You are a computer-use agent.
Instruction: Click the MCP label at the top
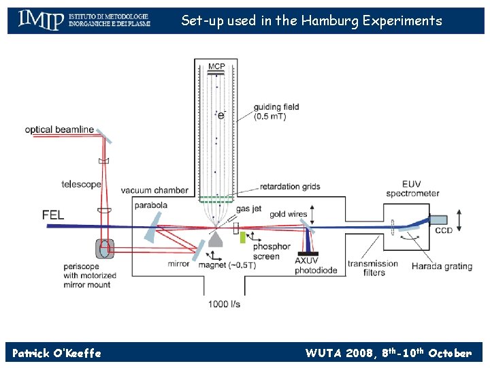point(216,66)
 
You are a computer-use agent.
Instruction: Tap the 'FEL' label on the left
point(53,215)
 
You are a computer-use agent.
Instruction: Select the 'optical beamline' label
point(59,129)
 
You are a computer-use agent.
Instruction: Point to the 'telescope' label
point(81,184)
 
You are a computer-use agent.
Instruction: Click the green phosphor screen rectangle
point(242,238)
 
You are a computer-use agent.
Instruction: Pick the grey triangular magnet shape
point(217,238)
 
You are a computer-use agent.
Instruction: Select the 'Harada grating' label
point(442,266)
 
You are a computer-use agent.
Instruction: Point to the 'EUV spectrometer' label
point(421,189)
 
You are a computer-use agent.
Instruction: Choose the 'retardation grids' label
point(289,187)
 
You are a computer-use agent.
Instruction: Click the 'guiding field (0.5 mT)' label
point(276,112)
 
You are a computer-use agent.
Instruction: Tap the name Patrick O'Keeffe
point(56,353)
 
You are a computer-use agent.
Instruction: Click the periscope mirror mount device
point(105,248)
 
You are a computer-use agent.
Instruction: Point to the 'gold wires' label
point(289,214)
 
